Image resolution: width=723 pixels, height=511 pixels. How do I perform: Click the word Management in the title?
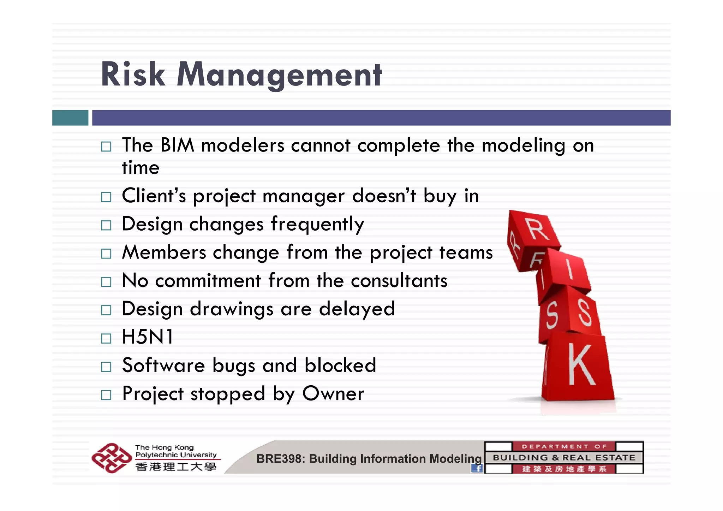279,75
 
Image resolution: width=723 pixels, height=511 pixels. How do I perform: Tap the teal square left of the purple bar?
70,118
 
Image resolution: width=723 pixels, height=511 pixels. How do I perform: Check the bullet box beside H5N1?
106,338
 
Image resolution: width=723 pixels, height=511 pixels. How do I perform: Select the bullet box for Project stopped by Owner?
106,395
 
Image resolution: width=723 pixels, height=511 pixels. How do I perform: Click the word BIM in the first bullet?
177,145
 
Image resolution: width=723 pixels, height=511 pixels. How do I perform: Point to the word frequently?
317,224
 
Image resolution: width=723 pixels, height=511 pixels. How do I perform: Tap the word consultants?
399,281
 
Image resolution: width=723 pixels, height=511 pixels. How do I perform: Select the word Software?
163,365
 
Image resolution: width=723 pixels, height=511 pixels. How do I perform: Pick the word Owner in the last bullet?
333,393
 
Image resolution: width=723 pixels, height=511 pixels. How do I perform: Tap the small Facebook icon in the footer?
477,468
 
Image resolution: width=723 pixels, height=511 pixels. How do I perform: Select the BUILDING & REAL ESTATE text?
564,458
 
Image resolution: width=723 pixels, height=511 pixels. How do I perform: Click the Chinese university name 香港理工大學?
175,467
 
